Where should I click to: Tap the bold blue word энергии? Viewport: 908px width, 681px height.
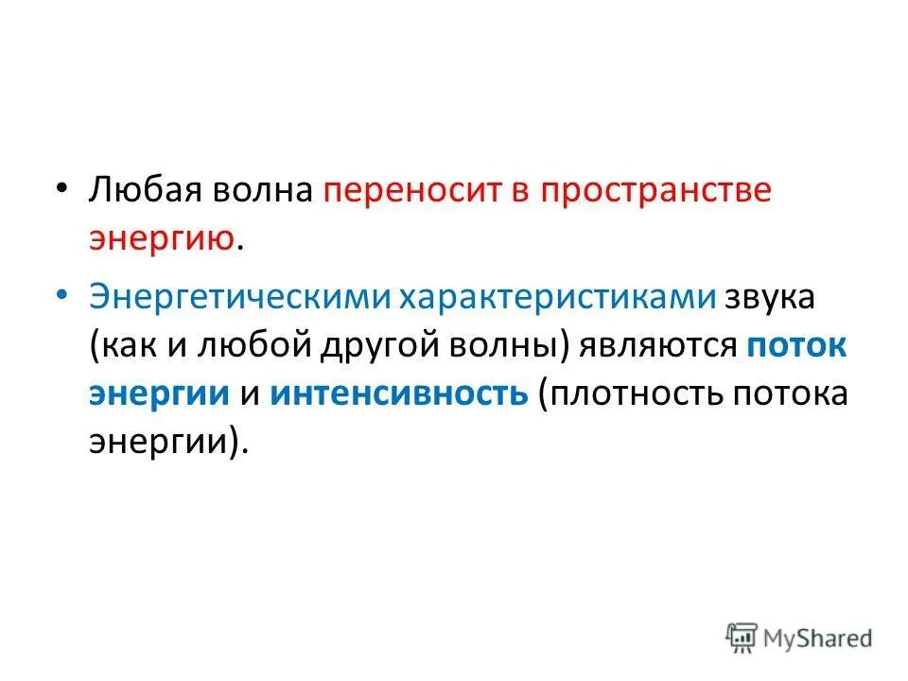point(160,393)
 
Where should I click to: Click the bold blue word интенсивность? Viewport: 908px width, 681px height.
point(398,393)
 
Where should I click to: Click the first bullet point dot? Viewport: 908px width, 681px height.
point(61,187)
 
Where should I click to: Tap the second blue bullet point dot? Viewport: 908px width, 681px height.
point(61,296)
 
